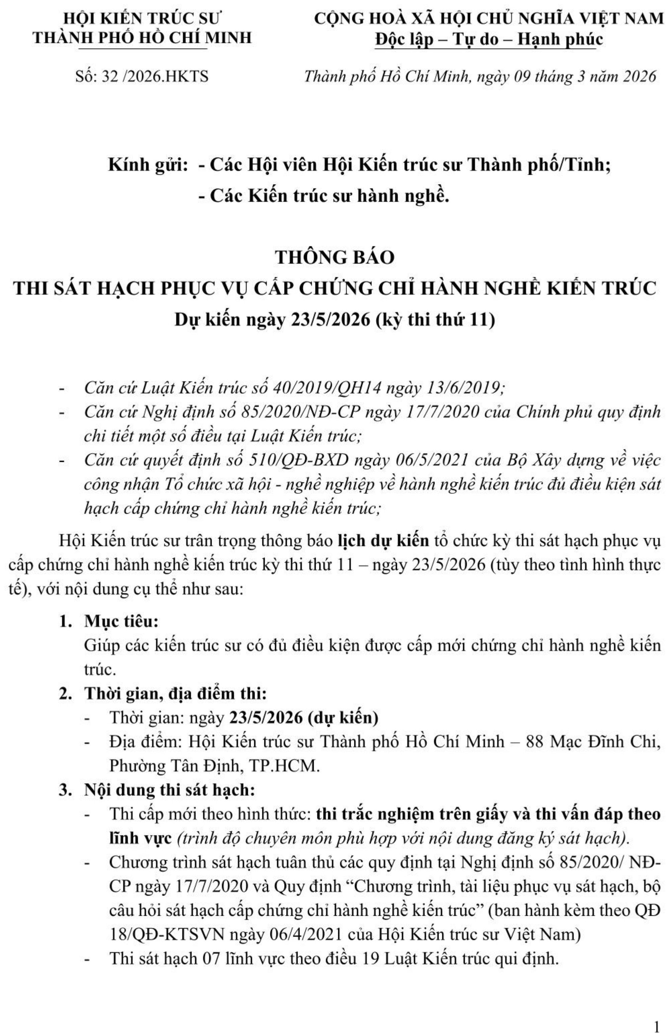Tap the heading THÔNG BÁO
click(x=335, y=257)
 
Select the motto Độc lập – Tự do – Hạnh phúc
click(x=489, y=39)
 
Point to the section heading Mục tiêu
click(x=122, y=621)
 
